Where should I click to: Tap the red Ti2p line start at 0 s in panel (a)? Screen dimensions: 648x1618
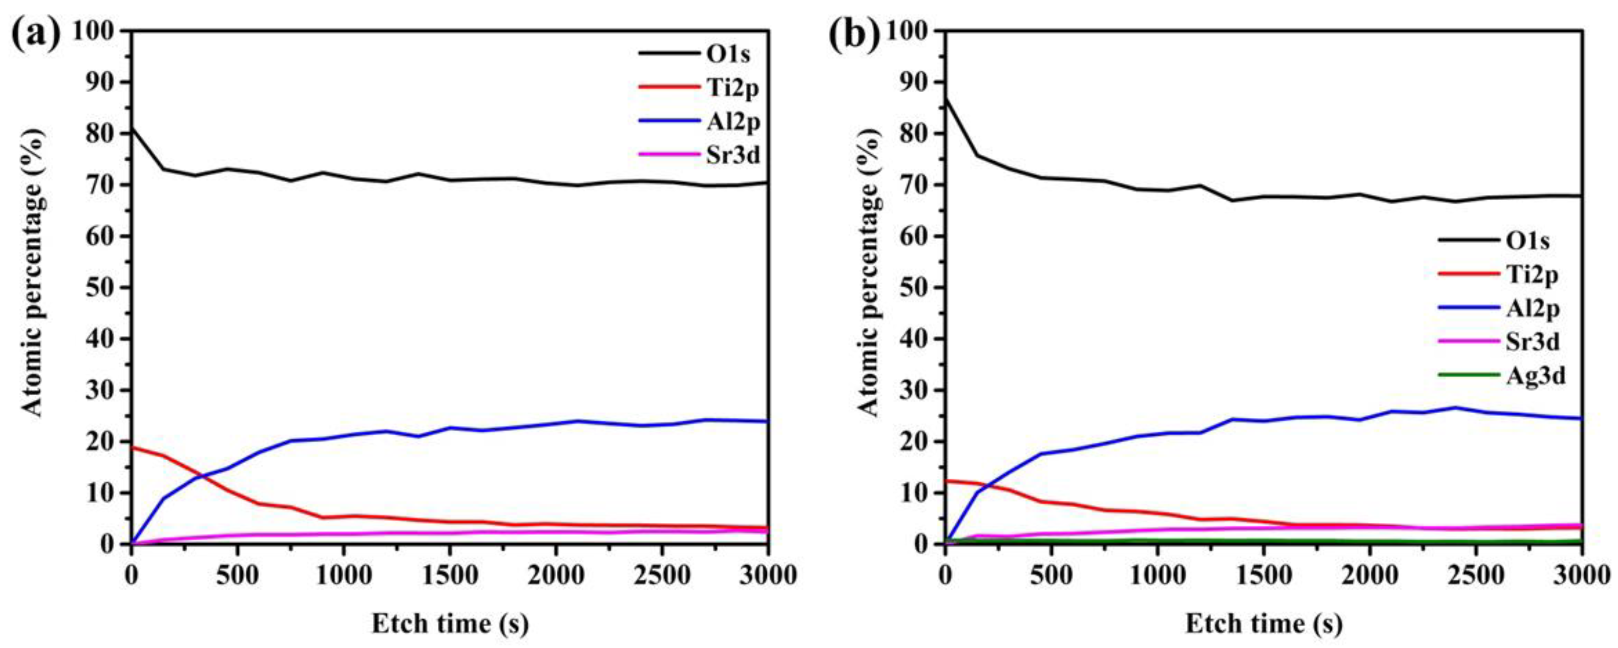[x=132, y=447]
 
